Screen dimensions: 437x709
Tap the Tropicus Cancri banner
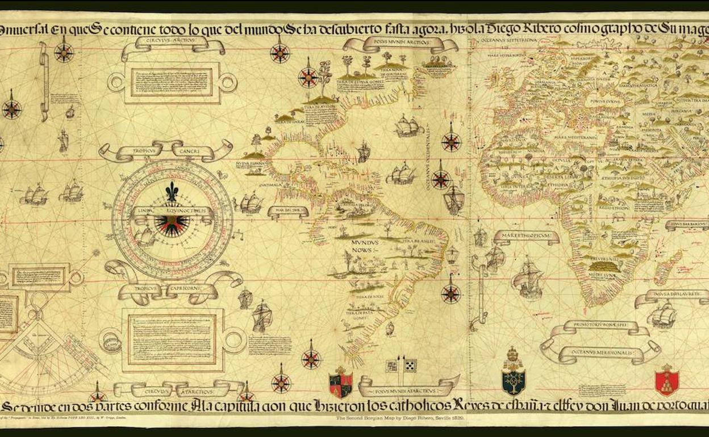click(x=165, y=150)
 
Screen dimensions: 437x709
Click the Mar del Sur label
click(x=287, y=211)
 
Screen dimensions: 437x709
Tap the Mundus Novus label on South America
click(x=365, y=245)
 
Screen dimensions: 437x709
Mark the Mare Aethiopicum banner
click(x=526, y=235)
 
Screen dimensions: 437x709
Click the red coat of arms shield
click(x=666, y=381)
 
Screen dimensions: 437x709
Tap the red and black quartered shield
click(x=341, y=382)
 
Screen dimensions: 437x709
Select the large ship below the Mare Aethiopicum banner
click(x=527, y=278)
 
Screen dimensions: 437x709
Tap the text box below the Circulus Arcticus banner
click(x=172, y=83)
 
